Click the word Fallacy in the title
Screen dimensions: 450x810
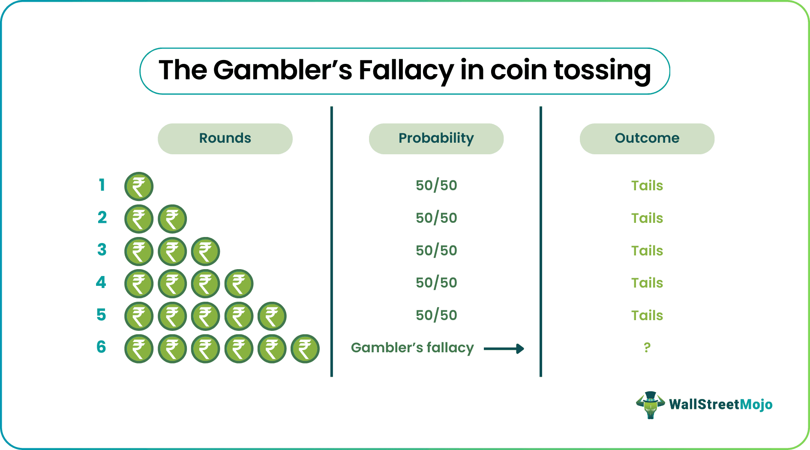coord(405,71)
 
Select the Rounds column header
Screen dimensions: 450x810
coord(225,138)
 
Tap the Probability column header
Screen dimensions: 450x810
coord(436,138)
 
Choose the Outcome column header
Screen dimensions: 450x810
coord(647,138)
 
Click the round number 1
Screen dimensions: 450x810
coord(102,185)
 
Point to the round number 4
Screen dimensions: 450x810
coord(101,282)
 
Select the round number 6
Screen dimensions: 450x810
coord(101,347)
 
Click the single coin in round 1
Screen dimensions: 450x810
coord(139,186)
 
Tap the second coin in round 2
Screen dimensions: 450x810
coord(172,219)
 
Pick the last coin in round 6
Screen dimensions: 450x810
coord(305,349)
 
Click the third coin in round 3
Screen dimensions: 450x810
coord(205,252)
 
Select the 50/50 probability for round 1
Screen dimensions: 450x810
coord(436,186)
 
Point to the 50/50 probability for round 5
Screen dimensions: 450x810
coord(436,315)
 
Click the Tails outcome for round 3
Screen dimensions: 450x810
coord(647,251)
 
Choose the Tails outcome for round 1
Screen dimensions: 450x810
coord(647,186)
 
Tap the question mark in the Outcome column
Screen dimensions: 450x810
coord(647,348)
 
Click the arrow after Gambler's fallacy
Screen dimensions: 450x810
coord(504,349)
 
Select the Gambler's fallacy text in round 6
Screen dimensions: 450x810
coord(412,348)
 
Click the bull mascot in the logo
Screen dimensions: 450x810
coord(650,405)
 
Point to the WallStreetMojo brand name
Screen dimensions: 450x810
coord(720,405)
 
